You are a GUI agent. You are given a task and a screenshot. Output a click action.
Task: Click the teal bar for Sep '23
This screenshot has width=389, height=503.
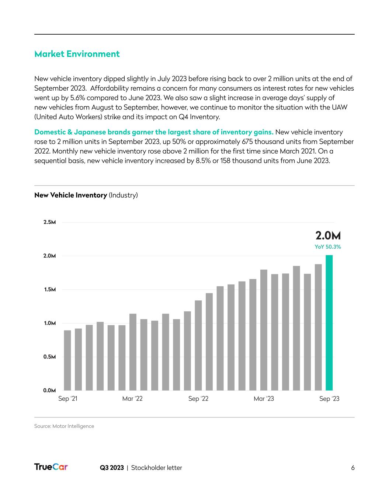point(329,322)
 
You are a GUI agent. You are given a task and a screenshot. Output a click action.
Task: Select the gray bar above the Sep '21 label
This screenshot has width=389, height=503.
point(67,360)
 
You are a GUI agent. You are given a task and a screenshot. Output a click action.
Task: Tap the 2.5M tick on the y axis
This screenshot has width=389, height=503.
point(49,222)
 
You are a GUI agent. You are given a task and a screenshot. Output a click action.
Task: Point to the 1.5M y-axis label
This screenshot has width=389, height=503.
point(49,290)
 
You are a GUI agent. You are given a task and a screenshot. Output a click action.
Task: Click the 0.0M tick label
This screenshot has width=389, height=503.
point(49,390)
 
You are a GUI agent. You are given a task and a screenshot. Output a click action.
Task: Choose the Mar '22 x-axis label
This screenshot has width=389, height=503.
point(132,399)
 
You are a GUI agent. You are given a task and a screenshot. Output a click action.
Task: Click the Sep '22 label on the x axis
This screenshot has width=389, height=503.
point(198,399)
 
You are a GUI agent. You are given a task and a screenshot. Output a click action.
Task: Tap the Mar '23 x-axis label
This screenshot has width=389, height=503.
point(264,399)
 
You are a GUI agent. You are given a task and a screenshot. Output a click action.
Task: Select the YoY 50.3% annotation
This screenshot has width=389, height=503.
point(327,247)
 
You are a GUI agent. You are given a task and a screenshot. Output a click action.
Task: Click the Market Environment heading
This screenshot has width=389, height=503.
point(77,54)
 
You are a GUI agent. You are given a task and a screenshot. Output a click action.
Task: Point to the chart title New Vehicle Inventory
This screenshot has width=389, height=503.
point(70,195)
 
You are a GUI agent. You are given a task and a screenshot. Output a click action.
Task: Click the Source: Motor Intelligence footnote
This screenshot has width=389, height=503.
point(64,426)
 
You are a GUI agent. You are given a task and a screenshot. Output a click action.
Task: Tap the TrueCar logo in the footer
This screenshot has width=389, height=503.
point(51,467)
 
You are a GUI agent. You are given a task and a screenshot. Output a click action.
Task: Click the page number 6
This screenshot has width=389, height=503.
point(352,468)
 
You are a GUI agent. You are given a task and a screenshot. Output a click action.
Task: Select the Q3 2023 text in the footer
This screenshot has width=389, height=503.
point(112,468)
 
